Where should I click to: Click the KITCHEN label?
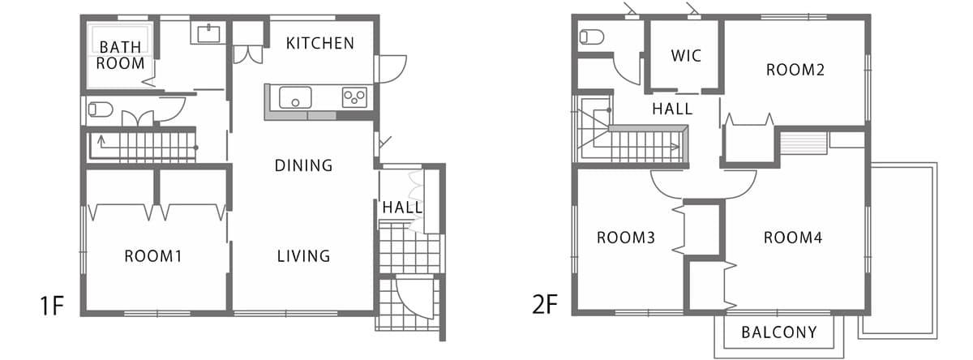320,44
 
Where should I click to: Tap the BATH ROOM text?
120,55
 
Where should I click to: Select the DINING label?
303,165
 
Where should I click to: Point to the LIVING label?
303,255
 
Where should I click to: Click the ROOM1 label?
153,256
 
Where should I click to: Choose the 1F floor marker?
52,306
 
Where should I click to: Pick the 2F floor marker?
545,304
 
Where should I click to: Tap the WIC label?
686,56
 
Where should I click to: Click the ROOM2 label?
795,70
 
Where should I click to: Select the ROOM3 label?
625,238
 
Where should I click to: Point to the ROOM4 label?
793,238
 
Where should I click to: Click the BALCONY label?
779,332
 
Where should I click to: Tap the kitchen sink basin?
295,98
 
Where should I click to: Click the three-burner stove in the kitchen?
354,97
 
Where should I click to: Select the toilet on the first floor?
101,109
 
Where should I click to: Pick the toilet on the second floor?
592,37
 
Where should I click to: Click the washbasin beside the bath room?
208,33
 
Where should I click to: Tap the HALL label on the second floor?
672,109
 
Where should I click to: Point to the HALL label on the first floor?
402,208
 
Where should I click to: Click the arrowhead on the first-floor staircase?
101,139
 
